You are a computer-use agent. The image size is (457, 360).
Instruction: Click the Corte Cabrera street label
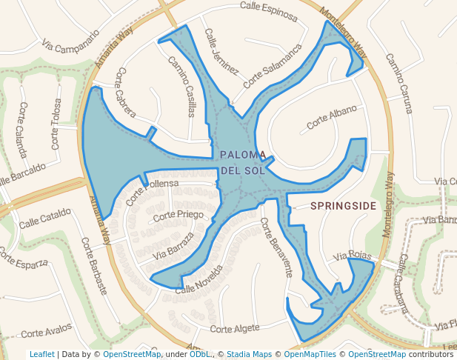click(126, 93)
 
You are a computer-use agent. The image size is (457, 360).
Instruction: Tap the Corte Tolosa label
click(56, 121)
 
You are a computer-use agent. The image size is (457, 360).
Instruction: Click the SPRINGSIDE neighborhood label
click(344, 204)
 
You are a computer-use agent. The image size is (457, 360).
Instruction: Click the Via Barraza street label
click(173, 245)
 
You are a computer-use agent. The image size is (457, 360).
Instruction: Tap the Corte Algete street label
click(235, 327)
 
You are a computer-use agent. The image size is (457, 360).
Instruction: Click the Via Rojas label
click(350, 256)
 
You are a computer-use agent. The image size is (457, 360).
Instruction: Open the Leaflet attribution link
click(41, 355)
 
